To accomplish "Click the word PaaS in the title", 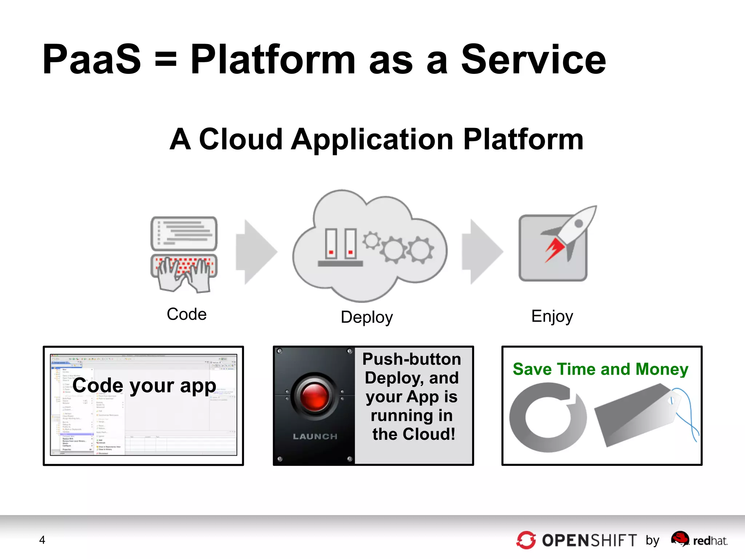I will coord(92,59).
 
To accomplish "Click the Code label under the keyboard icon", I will coord(187,314).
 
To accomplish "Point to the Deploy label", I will coord(367,317).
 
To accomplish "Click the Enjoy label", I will coord(552,316).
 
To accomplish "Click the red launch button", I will coord(315,396).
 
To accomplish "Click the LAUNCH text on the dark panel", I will coord(315,436).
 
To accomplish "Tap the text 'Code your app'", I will coord(144,386).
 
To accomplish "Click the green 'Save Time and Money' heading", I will coord(600,369).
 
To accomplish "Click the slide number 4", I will coord(42,540).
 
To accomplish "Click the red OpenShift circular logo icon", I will coord(526,540).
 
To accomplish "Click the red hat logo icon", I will coord(680,538).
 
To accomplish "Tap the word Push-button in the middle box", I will coord(411,359).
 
